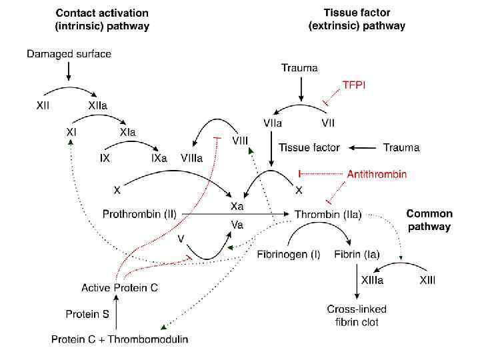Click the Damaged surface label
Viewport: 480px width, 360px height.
[x=69, y=54]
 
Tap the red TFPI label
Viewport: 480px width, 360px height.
[x=354, y=85]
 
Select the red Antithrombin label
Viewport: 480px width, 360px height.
[x=377, y=174]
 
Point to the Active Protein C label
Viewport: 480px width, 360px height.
[x=119, y=288]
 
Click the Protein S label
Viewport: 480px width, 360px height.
[x=88, y=313]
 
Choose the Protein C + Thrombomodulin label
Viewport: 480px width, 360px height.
[x=119, y=339]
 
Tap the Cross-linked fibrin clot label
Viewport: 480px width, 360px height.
[x=357, y=315]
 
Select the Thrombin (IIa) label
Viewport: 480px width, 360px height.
[x=328, y=215]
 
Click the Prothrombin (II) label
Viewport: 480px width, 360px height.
[x=139, y=215]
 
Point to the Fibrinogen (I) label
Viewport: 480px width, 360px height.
[x=289, y=255]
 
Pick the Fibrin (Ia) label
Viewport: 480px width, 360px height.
[x=357, y=255]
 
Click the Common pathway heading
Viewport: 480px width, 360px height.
[x=429, y=220]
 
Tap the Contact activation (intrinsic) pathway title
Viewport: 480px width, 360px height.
[x=102, y=19]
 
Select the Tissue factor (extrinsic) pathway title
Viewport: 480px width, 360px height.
[x=357, y=19]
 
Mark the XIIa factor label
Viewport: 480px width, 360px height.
[x=98, y=105]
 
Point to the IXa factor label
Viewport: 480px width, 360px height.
[x=159, y=159]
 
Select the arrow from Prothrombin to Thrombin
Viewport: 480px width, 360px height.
[x=233, y=215]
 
